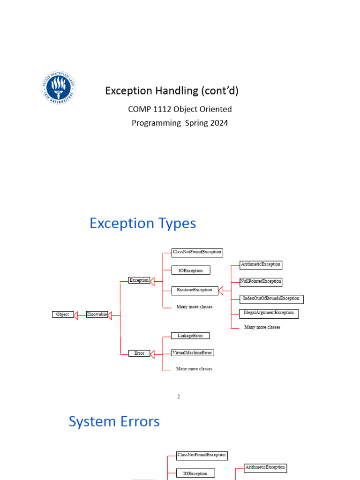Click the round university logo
pos(58,87)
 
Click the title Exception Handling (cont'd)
pos(172,90)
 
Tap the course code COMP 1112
pos(150,109)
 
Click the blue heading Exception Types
pos(142,223)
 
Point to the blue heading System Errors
pos(114,421)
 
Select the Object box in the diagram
pos(63,315)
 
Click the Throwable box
pos(97,315)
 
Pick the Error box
pos(139,353)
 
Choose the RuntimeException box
pos(195,290)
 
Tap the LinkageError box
pos(190,336)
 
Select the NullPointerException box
pos(261,282)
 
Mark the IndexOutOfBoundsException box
pos(271,299)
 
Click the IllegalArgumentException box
pos(269,313)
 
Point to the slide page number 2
pos(179,397)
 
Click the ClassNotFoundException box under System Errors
pos(202,455)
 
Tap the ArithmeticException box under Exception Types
pos(261,264)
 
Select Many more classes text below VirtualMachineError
pos(194,369)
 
